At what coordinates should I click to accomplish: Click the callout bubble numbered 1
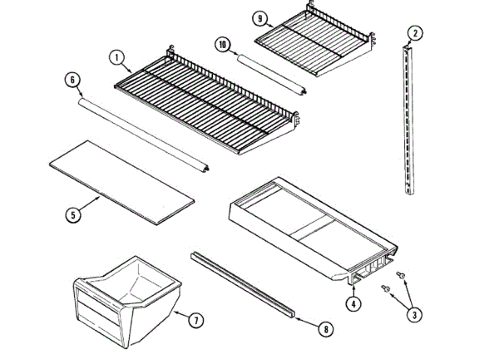click(116, 57)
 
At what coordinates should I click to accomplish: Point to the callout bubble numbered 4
click(352, 304)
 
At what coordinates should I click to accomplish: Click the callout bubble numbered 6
click(72, 79)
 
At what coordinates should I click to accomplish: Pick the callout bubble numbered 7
click(194, 320)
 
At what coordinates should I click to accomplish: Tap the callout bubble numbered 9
click(259, 17)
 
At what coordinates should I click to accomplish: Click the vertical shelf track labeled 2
click(408, 120)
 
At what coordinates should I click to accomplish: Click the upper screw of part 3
click(402, 277)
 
